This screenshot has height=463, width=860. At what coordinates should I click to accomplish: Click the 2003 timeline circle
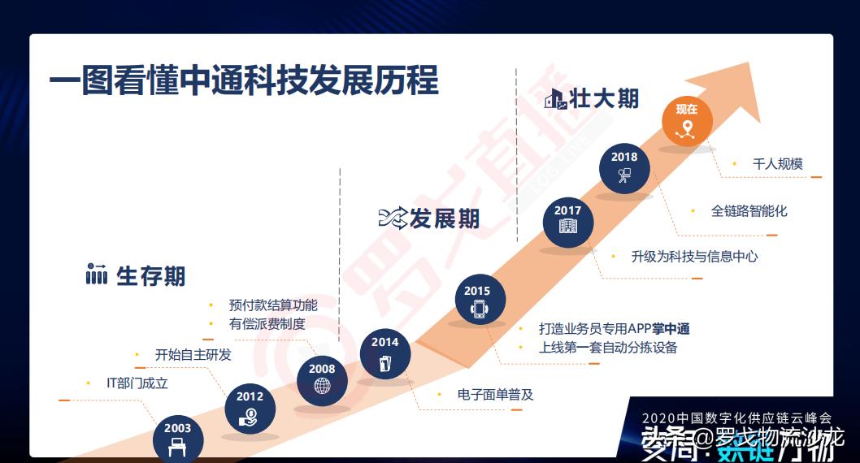177,439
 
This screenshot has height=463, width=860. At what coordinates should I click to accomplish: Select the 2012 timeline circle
250,407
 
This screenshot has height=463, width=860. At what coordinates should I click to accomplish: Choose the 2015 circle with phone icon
477,301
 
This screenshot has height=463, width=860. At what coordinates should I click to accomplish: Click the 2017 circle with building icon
568,221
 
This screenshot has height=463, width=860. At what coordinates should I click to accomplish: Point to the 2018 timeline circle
624,167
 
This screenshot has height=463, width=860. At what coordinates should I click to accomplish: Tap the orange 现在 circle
687,120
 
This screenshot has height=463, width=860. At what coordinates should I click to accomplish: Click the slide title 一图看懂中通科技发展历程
244,81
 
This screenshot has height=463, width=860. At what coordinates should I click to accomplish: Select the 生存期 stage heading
150,276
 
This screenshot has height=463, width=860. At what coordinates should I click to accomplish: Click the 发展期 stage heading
444,219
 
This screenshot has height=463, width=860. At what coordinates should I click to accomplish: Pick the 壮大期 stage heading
604,99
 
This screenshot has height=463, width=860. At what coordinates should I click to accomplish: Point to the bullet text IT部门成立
137,383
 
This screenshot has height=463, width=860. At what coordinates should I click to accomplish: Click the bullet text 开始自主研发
193,355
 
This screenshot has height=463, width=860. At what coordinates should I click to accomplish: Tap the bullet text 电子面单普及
495,395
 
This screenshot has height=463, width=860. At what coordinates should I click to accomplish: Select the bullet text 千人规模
777,164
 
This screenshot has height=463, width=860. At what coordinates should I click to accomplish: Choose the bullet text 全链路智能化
749,211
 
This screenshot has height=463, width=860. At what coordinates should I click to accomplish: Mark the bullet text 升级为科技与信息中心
694,257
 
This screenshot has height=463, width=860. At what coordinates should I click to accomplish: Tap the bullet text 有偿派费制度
267,324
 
